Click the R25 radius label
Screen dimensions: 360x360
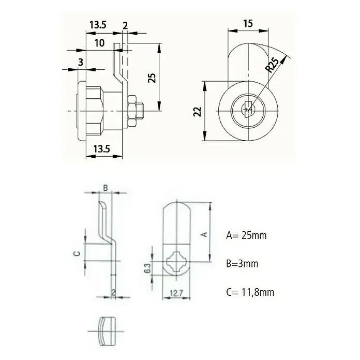tap(272, 65)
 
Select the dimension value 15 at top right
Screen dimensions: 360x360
tap(248, 24)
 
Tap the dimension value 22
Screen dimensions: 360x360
tap(197, 112)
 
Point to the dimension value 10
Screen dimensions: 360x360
tap(99, 43)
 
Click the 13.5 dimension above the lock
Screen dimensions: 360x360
tap(98, 25)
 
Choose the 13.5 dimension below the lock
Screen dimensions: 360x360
tap(102, 149)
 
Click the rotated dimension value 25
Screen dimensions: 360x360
tap(152, 78)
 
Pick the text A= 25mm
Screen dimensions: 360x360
tap(246, 235)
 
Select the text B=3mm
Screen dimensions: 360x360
tap(242, 264)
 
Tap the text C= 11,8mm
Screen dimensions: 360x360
tap(250, 292)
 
